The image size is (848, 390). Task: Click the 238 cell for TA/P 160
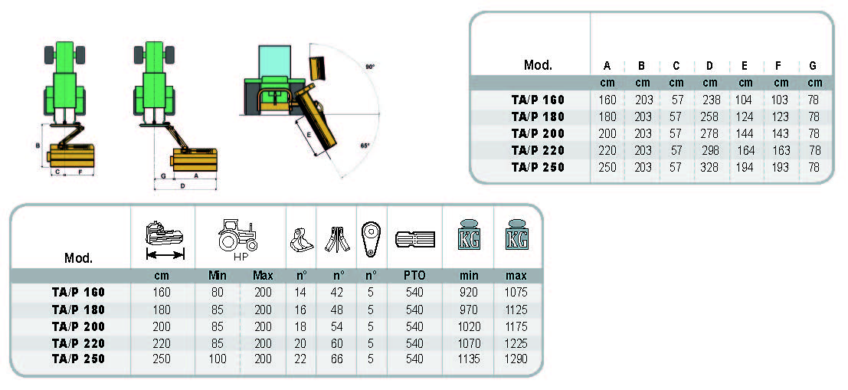[x=710, y=100]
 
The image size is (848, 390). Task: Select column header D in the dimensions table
[x=710, y=66]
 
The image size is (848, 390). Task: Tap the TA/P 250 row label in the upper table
[x=538, y=167]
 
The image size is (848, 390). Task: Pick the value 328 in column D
[x=710, y=167]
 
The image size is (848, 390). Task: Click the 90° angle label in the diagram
[x=369, y=67]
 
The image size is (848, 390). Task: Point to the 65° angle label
[x=365, y=146]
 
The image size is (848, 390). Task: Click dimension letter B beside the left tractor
[x=38, y=146]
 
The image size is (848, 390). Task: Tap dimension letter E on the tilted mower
[x=309, y=133]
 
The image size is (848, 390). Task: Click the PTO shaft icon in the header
[x=414, y=239]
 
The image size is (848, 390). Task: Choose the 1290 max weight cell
[x=516, y=359]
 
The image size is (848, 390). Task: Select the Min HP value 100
[x=218, y=359]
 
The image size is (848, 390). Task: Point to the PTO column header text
[x=414, y=275]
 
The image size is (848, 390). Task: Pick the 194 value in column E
[x=745, y=167]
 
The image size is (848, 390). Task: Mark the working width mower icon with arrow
[x=164, y=238]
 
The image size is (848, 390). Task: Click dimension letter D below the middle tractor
[x=182, y=185]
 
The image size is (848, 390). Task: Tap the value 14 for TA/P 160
[x=300, y=292]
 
